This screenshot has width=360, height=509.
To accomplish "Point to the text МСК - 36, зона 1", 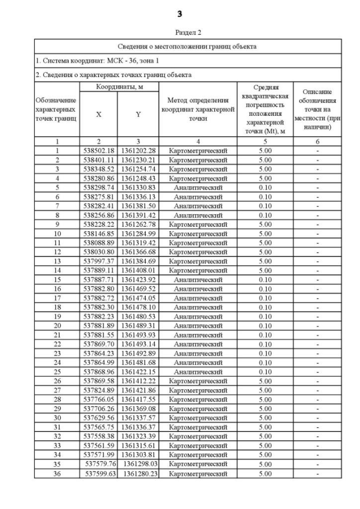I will click(x=121, y=60).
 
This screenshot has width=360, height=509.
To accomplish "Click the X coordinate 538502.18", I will click(x=99, y=151).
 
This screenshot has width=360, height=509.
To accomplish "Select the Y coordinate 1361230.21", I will click(x=138, y=160).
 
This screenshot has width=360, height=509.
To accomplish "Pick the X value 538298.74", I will click(x=99, y=187).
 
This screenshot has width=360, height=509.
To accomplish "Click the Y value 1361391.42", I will click(x=138, y=214).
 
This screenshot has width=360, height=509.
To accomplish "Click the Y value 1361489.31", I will click(x=138, y=325).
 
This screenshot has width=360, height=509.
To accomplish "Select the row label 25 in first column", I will click(x=57, y=371).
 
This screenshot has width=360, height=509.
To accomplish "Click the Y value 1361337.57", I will click(x=138, y=417).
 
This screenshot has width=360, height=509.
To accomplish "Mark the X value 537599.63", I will click(x=102, y=473).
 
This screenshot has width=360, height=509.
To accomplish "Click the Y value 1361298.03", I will click(x=141, y=464).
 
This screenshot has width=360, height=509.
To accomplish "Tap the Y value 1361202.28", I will click(x=138, y=151).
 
